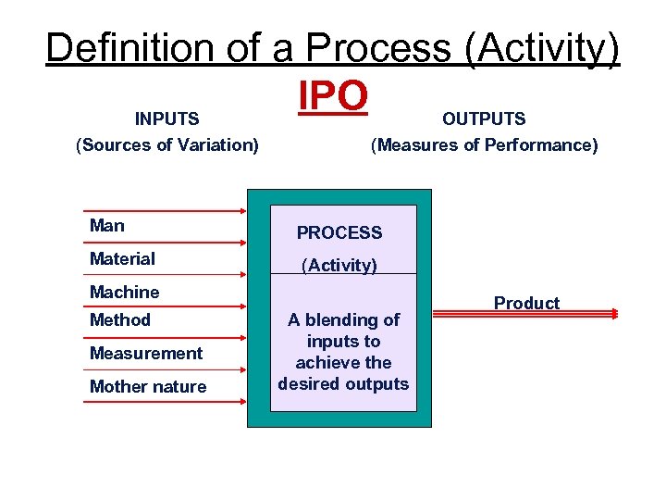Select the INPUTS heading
click(167, 119)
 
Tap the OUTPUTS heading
click(484, 119)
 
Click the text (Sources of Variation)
click(167, 144)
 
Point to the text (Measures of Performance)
click(484, 144)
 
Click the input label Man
click(107, 225)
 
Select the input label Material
click(122, 258)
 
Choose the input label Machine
click(124, 292)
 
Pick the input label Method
click(119, 319)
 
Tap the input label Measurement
click(145, 353)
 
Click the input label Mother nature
click(148, 386)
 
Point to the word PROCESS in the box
click(339, 233)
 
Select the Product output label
click(526, 303)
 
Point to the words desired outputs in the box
click(343, 383)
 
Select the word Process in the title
click(381, 48)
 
